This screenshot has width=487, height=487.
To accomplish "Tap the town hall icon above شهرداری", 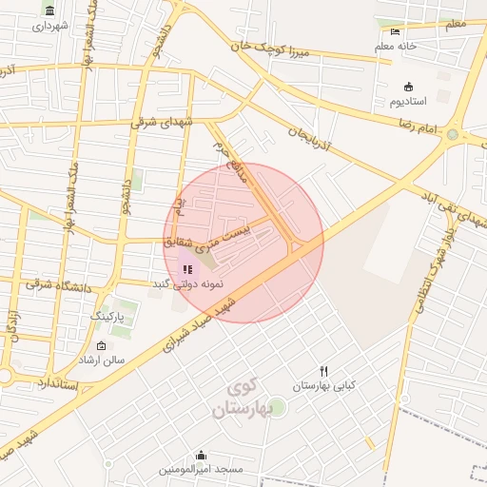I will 49,10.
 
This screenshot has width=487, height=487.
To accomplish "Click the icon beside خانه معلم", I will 396,31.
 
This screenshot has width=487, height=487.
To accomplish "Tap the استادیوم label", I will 409,100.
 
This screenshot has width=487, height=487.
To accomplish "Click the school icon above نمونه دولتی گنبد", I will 186,269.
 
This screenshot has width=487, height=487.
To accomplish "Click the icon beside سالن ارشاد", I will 102,346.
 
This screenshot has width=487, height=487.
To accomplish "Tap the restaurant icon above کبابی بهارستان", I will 324,371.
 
